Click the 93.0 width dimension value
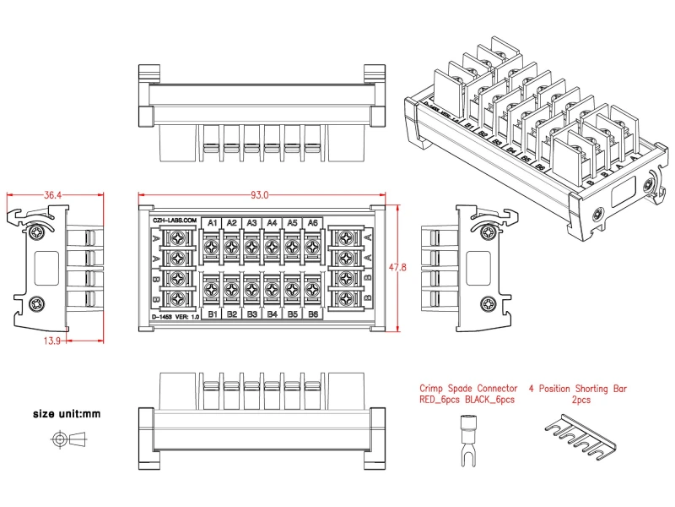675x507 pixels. click(x=259, y=195)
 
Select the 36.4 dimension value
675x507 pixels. click(x=52, y=195)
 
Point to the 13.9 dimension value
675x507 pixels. click(x=27, y=340)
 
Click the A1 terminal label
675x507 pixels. click(x=212, y=223)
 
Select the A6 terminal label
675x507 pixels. click(x=312, y=223)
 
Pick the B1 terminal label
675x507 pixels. click(x=212, y=314)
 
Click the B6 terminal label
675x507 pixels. click(x=312, y=314)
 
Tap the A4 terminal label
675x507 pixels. click(x=272, y=223)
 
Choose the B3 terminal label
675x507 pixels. click(x=252, y=314)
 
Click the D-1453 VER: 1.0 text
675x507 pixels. click(x=175, y=316)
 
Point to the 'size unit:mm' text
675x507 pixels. click(x=67, y=414)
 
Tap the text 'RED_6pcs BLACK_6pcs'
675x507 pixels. click(x=467, y=400)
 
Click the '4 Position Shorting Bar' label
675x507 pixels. click(x=578, y=389)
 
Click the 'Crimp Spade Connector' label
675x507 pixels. click(x=469, y=389)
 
